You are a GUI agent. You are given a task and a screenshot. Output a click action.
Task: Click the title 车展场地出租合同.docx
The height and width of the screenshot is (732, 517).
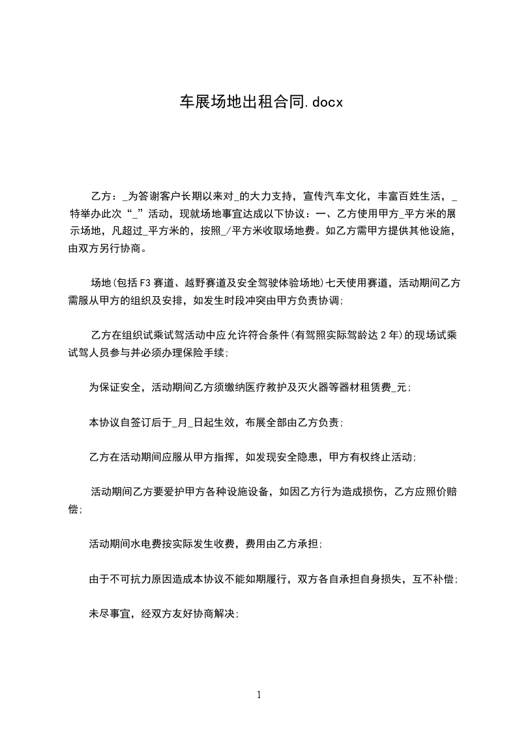click(x=261, y=102)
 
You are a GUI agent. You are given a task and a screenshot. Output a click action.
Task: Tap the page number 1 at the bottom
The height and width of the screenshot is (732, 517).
click(x=259, y=695)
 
